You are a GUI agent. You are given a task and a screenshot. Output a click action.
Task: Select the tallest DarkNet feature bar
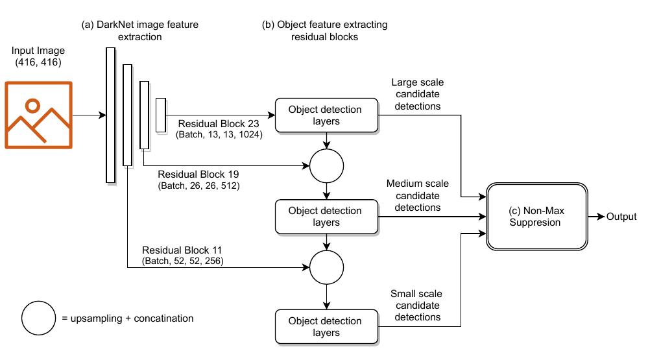[110, 115]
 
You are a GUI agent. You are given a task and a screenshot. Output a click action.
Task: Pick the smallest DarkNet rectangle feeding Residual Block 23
[160, 114]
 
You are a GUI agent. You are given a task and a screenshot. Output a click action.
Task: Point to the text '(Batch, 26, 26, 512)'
[198, 186]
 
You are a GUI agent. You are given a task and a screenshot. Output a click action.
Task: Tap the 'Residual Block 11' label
[183, 250]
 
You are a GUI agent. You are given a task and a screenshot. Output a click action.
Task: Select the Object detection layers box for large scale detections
[326, 115]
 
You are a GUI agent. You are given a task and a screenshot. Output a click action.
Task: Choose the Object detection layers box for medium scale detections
[326, 217]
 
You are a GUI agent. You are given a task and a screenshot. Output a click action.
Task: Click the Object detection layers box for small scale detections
[326, 326]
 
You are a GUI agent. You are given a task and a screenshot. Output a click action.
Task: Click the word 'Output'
[621, 217]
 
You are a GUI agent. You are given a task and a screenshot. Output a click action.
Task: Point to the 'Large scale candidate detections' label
[417, 94]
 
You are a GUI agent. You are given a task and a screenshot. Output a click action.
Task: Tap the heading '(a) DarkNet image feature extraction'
[139, 30]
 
